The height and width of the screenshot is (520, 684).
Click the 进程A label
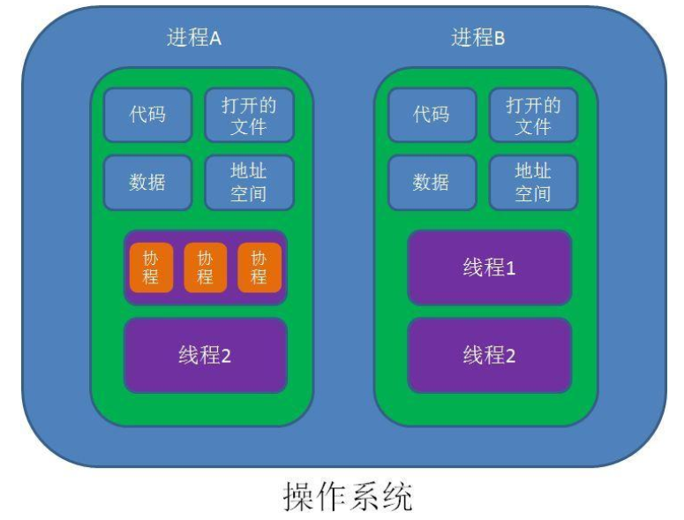point(192,39)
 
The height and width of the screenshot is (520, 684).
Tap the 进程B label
point(477,39)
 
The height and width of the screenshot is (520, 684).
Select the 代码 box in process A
point(147,115)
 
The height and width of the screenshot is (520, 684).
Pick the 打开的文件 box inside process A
point(248,115)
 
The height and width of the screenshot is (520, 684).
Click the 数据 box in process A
point(147,182)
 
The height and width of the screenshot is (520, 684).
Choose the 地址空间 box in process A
point(248,182)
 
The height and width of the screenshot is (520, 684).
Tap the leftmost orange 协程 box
point(152,268)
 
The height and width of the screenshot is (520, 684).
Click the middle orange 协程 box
point(205,268)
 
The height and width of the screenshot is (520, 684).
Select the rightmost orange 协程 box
point(259,268)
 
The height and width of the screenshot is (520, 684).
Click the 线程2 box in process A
point(205,356)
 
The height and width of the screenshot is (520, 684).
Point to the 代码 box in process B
point(431,115)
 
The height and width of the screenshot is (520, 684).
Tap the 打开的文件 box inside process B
point(532,115)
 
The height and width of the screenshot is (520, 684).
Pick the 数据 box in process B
point(431,182)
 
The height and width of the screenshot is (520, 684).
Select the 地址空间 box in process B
point(532,182)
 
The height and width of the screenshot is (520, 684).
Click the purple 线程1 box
point(489,268)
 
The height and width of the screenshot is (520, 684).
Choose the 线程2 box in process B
point(489,356)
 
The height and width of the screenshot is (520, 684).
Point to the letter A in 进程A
point(214,39)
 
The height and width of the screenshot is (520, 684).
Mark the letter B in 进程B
point(499,39)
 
